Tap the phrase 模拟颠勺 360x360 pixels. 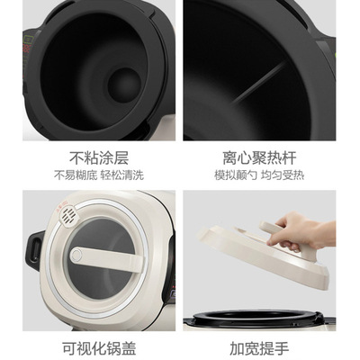(x=240, y=175)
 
